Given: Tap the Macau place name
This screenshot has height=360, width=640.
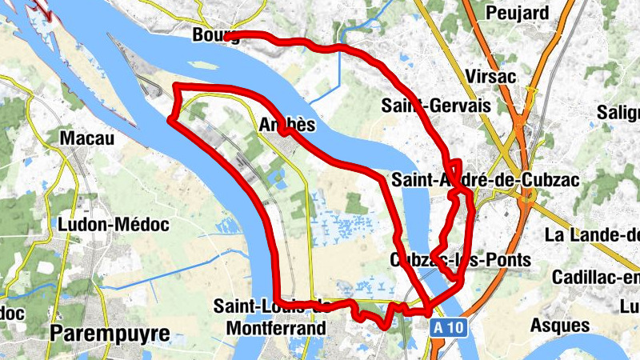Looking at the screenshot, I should click(x=87, y=139).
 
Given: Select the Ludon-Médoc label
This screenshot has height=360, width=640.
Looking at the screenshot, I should click(x=114, y=225).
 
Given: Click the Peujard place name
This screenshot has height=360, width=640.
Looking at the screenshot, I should click(x=517, y=14).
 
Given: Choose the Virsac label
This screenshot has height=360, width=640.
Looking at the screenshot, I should click(x=490, y=76).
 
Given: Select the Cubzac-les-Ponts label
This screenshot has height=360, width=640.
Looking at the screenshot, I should click(x=460, y=260).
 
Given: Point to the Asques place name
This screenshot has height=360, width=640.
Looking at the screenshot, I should click(x=564, y=326).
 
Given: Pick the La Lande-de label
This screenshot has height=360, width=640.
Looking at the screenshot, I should click(x=592, y=235).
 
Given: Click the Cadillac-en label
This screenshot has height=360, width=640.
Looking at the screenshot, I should click(x=596, y=277).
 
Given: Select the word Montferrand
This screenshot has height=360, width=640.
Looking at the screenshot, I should click(x=276, y=328).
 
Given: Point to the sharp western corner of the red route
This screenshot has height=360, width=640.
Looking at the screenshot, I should click(x=170, y=120).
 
